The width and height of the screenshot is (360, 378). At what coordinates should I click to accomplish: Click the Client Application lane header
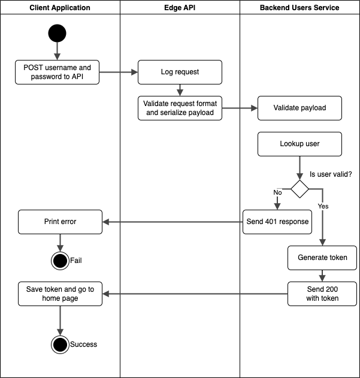[60, 8]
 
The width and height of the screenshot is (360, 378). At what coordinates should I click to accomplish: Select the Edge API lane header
[180, 8]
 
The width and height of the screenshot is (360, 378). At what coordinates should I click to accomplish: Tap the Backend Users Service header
[300, 8]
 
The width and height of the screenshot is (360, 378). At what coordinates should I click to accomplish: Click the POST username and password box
[58, 72]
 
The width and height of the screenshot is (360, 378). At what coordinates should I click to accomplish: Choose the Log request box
[180, 72]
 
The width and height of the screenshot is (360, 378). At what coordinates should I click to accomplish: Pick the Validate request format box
[180, 108]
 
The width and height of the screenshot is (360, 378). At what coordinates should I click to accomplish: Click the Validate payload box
[300, 108]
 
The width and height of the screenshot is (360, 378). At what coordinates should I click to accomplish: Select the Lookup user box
[300, 144]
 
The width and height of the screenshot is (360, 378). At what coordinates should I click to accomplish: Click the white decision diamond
[300, 189]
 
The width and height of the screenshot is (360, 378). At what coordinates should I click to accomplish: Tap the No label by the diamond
[277, 193]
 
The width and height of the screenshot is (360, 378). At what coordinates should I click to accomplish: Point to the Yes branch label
[323, 206]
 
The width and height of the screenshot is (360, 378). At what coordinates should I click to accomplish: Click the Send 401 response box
[277, 222]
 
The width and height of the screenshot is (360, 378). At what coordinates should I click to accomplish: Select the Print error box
[60, 222]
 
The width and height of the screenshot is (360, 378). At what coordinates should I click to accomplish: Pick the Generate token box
[322, 258]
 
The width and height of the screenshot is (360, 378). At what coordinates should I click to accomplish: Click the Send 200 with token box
[322, 294]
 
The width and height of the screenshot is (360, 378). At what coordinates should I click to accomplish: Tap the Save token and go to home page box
[60, 294]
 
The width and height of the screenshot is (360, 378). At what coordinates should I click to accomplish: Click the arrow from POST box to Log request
[119, 72]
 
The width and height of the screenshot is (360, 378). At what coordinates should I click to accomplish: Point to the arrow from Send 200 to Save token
[195, 294]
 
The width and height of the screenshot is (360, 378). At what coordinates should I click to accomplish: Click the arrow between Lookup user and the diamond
[300, 168]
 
